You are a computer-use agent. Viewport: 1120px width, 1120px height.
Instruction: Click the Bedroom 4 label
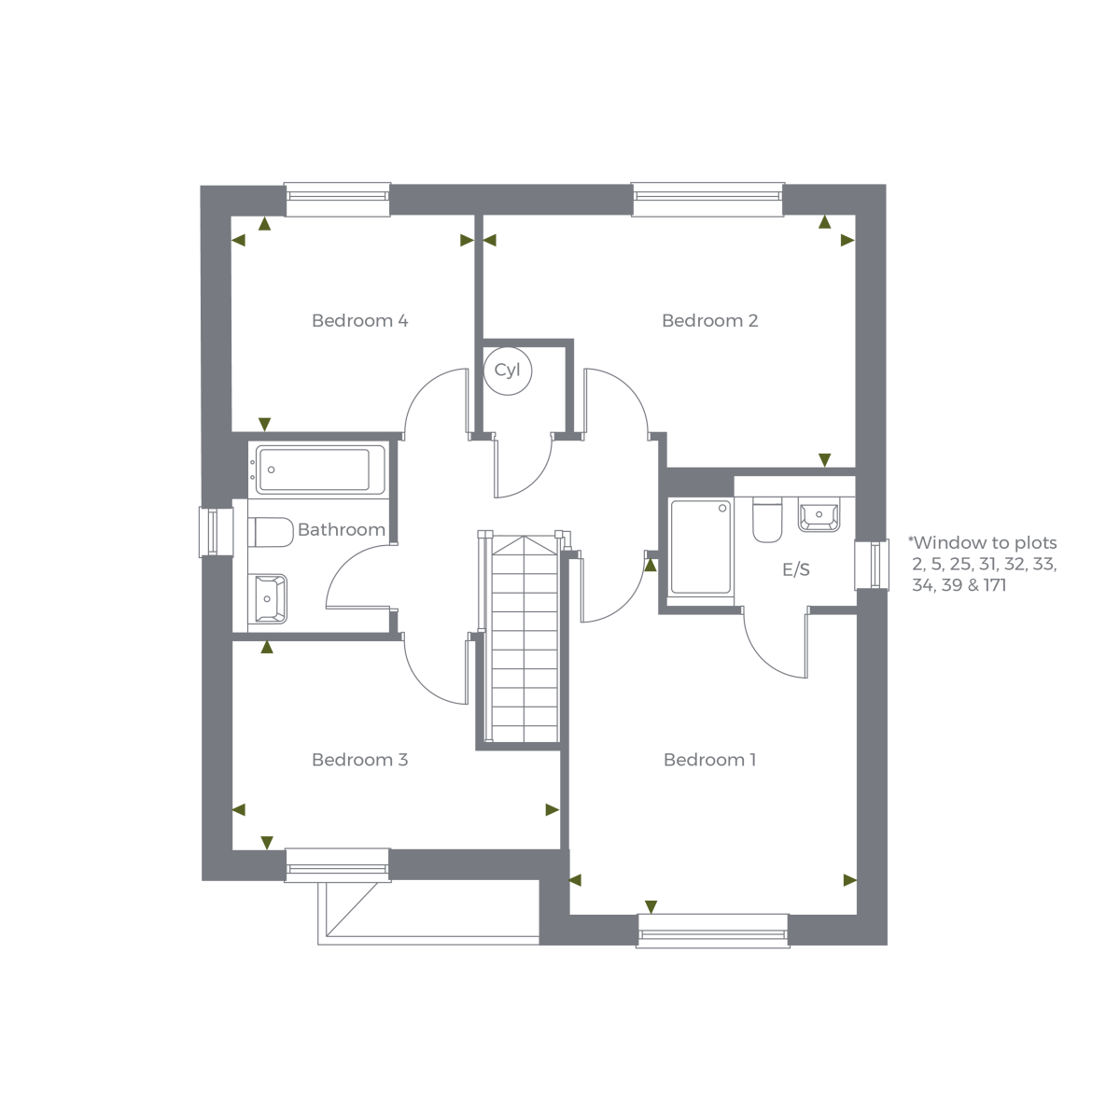point(359,320)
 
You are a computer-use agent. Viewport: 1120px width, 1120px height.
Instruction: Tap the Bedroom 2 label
point(709,320)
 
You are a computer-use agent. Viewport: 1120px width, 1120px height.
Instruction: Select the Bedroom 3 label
point(359,760)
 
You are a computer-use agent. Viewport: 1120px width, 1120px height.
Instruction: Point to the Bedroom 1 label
point(709,760)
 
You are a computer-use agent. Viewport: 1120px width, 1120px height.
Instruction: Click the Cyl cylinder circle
point(508,371)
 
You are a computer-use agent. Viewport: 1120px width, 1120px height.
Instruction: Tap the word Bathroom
point(342,529)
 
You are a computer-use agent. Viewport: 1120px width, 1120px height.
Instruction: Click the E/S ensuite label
point(796,569)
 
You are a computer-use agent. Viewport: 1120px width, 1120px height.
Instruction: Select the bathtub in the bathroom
point(318,469)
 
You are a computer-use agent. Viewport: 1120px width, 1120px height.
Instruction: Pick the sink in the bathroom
point(270,597)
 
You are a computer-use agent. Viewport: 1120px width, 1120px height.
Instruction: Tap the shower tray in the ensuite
point(700,548)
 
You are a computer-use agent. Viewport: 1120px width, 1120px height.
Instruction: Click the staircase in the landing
point(523,639)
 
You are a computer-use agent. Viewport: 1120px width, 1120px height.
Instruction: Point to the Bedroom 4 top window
point(337,196)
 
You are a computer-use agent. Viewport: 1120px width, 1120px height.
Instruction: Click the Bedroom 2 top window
point(707,196)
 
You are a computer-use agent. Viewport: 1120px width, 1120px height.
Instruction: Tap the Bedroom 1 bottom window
point(712,931)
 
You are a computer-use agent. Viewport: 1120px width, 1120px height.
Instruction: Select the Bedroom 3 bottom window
point(336,865)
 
